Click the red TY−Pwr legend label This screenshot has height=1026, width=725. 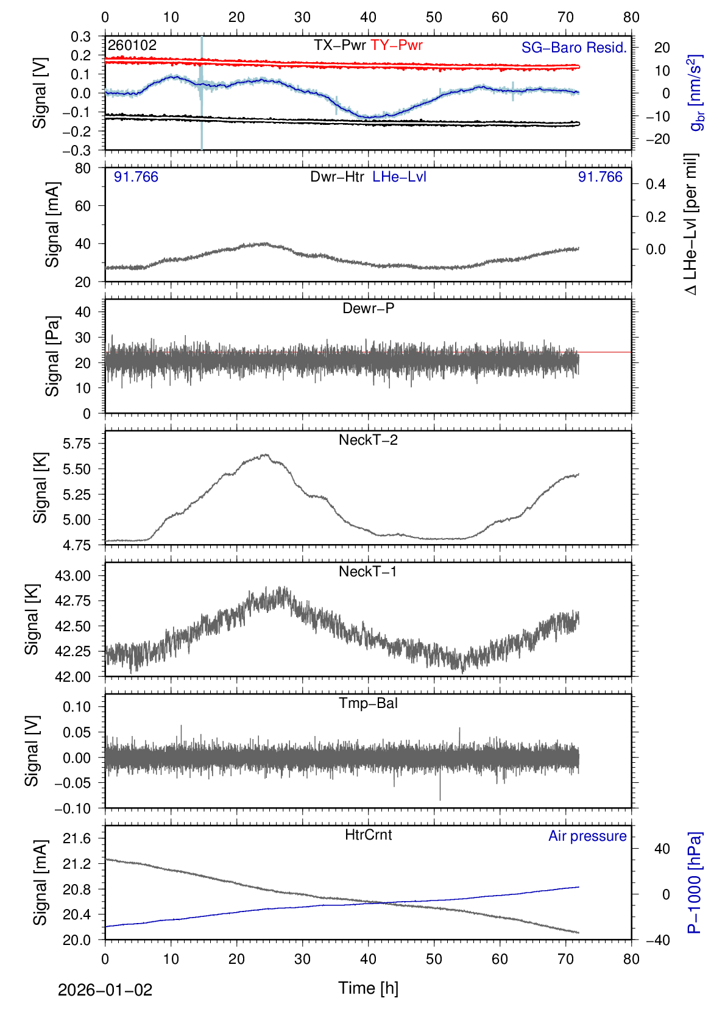coord(397,45)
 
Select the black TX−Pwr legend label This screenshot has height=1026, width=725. coord(340,45)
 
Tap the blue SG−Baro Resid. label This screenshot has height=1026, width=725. coord(574,48)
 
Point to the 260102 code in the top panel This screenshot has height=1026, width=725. coord(132,45)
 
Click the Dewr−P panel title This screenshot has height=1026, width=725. coord(368,308)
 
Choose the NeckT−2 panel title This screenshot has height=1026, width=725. coord(368,440)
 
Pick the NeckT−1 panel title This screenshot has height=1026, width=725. coord(368,571)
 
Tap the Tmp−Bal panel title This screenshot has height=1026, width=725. coord(368,703)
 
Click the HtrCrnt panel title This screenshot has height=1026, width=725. coord(368,835)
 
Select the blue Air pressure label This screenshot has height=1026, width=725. coord(587,836)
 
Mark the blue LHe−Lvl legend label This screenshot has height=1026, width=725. coord(400,177)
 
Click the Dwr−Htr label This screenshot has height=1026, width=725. coord(337,177)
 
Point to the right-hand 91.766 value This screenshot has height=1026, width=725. coord(600,177)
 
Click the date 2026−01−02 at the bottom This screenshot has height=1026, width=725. coord(105,990)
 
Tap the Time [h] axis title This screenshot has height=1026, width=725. coord(368,988)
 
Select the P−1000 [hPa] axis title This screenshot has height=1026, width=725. coord(695,882)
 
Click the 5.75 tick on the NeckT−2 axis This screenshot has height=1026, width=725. coord(77,444)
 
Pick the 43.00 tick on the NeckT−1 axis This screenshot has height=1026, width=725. coord(72,576)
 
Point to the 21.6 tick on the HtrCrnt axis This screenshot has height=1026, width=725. coord(77,838)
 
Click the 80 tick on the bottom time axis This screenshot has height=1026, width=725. coord(631,959)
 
